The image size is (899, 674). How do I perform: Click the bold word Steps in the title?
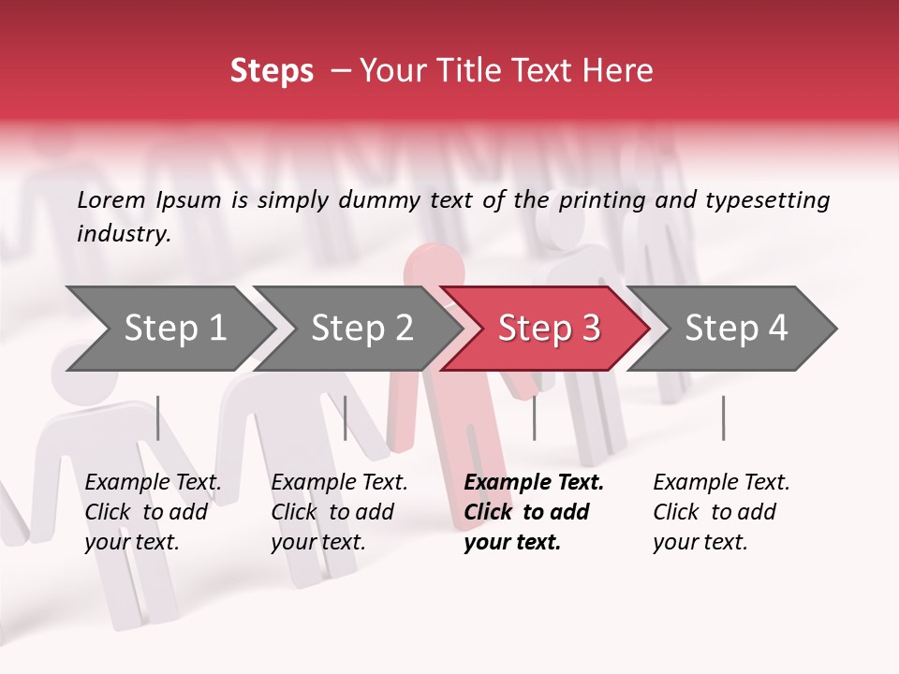[272, 71]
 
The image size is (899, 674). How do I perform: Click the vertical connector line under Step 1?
[158, 418]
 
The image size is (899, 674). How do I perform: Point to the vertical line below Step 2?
[346, 418]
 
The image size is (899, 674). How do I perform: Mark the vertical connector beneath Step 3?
[534, 418]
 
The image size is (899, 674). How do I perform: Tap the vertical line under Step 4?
[723, 418]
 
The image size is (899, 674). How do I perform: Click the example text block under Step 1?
[153, 512]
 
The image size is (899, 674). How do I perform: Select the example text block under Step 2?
[339, 512]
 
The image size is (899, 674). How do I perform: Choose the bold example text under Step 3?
[534, 512]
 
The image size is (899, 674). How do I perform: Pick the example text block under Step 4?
[721, 512]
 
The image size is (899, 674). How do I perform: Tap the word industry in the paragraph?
[124, 234]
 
